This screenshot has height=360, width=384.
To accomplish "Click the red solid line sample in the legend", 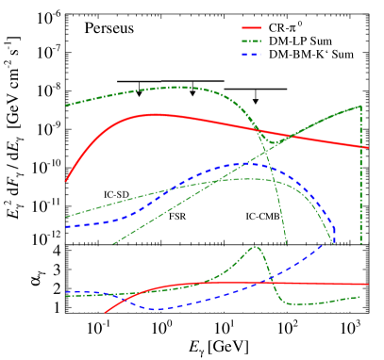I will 251,28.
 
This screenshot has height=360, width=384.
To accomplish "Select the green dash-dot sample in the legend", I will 251,41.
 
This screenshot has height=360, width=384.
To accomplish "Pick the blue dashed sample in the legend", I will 251,55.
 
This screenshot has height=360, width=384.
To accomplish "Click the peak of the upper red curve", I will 154,114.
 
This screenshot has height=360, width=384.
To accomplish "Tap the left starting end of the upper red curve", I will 66,181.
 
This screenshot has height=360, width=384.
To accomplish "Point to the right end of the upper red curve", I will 368,147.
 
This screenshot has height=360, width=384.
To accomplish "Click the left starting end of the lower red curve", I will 105,312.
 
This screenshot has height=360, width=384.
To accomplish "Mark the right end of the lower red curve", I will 368,284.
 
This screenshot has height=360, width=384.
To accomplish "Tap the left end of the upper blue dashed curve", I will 66,227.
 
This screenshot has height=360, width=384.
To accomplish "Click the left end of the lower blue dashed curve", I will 66,292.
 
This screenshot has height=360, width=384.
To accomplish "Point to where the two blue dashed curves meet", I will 334,242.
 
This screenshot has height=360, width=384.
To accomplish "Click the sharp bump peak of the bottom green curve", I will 256,247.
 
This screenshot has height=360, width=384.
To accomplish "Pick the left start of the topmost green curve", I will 66,106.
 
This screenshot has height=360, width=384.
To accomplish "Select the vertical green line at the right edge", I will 361,179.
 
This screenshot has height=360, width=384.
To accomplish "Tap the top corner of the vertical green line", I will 361,106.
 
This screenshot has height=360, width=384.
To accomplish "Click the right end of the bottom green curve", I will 361,297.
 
